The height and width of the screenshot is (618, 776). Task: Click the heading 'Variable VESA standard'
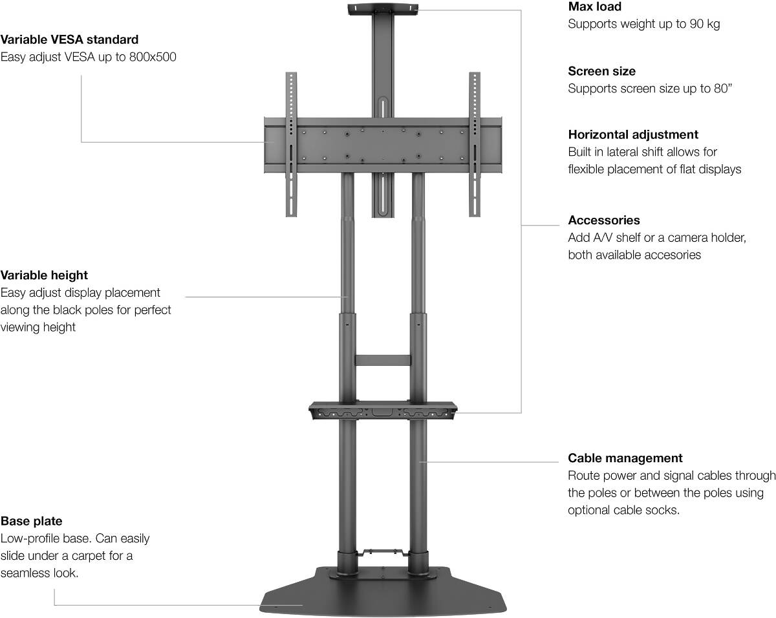[69, 39]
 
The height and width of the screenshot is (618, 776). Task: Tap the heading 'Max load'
[595, 7]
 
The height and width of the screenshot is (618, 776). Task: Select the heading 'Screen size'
[601, 71]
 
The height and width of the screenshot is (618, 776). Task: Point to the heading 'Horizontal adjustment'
[633, 134]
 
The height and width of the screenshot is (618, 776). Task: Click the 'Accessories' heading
[603, 220]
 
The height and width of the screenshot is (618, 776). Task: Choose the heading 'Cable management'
[625, 458]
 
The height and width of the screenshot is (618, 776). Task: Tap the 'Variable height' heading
[44, 275]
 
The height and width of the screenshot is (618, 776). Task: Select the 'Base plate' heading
[32, 521]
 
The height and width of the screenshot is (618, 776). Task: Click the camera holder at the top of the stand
[383, 10]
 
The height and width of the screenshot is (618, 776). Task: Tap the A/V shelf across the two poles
[383, 410]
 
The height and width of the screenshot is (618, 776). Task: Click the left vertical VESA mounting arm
[291, 144]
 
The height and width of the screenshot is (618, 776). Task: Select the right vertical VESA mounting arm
[475, 144]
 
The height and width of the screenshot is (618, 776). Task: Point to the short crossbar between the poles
[383, 360]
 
